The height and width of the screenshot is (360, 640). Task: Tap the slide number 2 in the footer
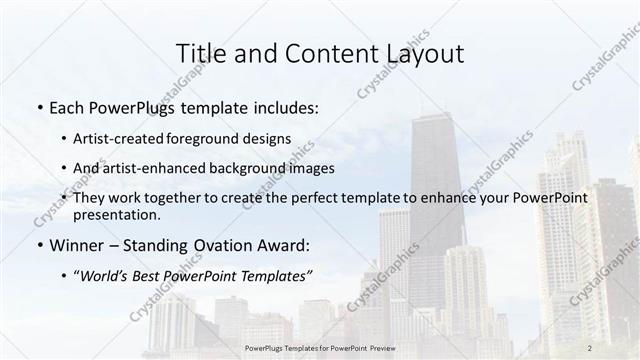(589, 348)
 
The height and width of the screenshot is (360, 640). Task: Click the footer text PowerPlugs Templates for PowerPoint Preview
(320, 348)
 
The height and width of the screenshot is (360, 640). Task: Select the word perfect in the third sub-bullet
(299, 199)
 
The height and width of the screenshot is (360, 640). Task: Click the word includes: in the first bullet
(285, 107)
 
